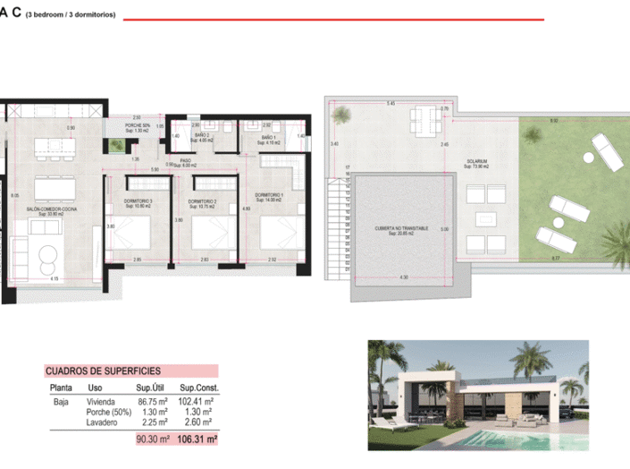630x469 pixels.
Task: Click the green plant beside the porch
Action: [115, 144]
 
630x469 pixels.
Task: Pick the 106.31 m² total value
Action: [197, 439]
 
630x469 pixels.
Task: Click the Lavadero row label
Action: [102, 424]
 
